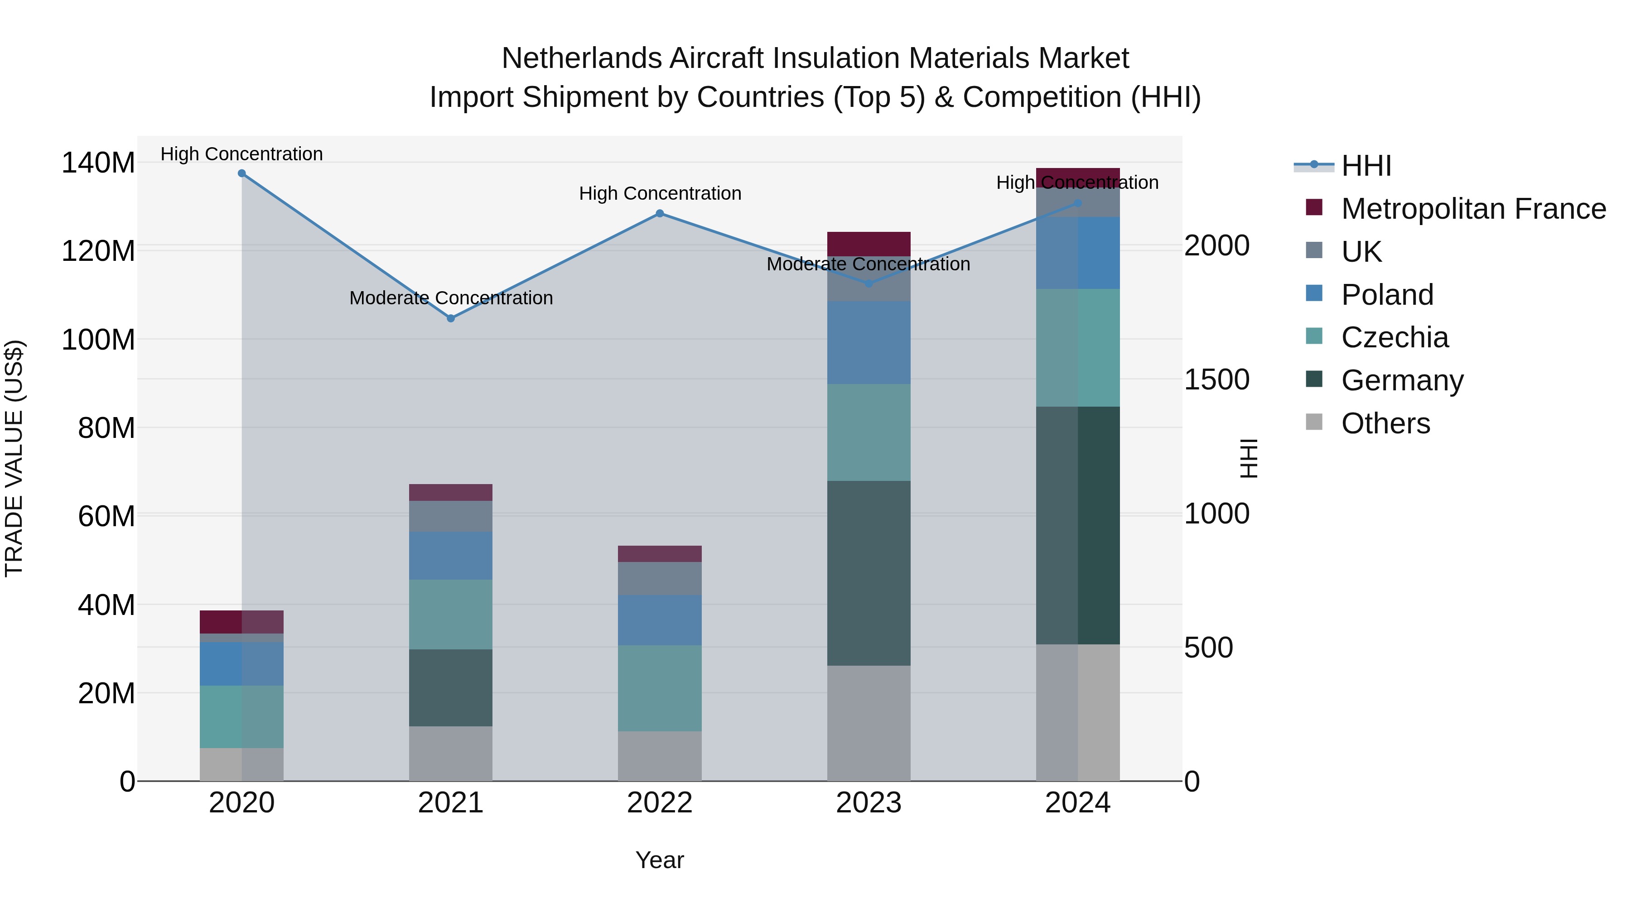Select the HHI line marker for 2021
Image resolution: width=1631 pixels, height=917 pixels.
451,318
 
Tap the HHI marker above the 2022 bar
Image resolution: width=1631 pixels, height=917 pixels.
660,214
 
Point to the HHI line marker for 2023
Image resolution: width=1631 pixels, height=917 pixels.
869,283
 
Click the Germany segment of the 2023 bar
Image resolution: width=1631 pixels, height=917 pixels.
869,573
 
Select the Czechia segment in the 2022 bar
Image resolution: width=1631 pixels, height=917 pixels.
660,688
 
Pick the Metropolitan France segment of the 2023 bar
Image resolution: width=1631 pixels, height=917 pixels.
869,244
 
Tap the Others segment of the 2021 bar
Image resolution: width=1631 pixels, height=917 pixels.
451,753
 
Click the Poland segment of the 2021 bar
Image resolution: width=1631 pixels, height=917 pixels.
451,555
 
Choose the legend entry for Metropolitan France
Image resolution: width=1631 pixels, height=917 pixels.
1473,209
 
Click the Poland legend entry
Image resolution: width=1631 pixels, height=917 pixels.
1387,295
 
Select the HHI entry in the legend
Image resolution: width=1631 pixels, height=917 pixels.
1366,166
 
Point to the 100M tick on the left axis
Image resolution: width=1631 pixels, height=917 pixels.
98,340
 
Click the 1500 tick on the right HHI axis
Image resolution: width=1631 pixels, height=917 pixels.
1216,380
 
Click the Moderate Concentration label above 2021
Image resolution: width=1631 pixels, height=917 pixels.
451,298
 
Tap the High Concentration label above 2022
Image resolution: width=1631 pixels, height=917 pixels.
660,194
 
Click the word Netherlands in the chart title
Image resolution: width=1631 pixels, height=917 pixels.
581,59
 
